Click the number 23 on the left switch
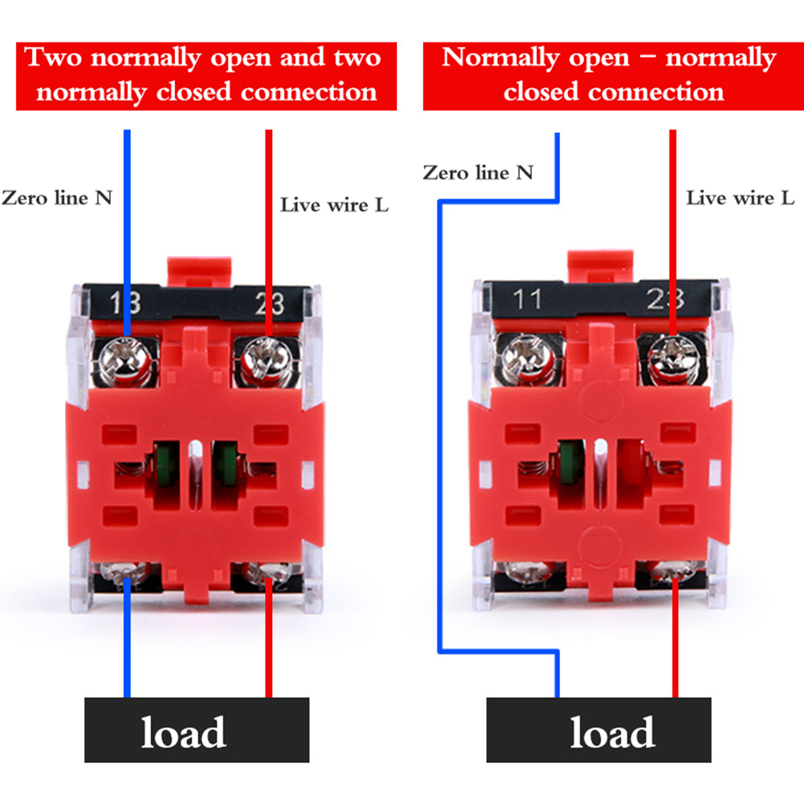(269, 303)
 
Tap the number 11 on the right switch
(528, 300)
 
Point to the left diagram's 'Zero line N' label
(56, 197)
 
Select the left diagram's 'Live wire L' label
(334, 205)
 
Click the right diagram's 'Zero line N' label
(477, 173)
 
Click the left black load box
(197, 730)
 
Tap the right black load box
(599, 730)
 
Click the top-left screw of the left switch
(126, 359)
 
